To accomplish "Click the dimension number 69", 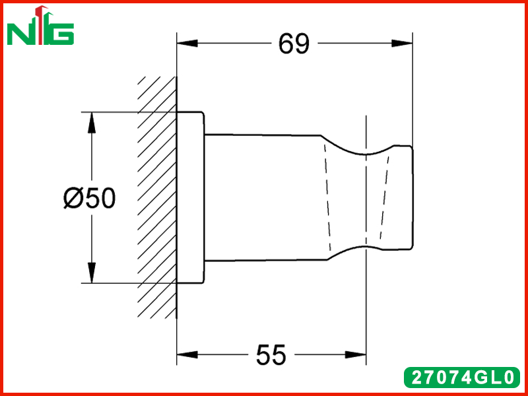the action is point(294,44).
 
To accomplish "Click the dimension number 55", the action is point(271,355).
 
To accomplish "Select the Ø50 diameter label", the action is point(90,198).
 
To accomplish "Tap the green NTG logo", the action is point(40,26).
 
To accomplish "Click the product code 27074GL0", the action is point(462,377).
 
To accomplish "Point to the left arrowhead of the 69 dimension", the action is point(187,44).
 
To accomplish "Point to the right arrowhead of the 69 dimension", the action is point(402,44).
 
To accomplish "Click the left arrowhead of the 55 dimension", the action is point(187,354).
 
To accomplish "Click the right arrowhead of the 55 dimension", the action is point(356,354).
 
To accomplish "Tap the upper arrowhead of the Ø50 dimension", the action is point(91,123).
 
